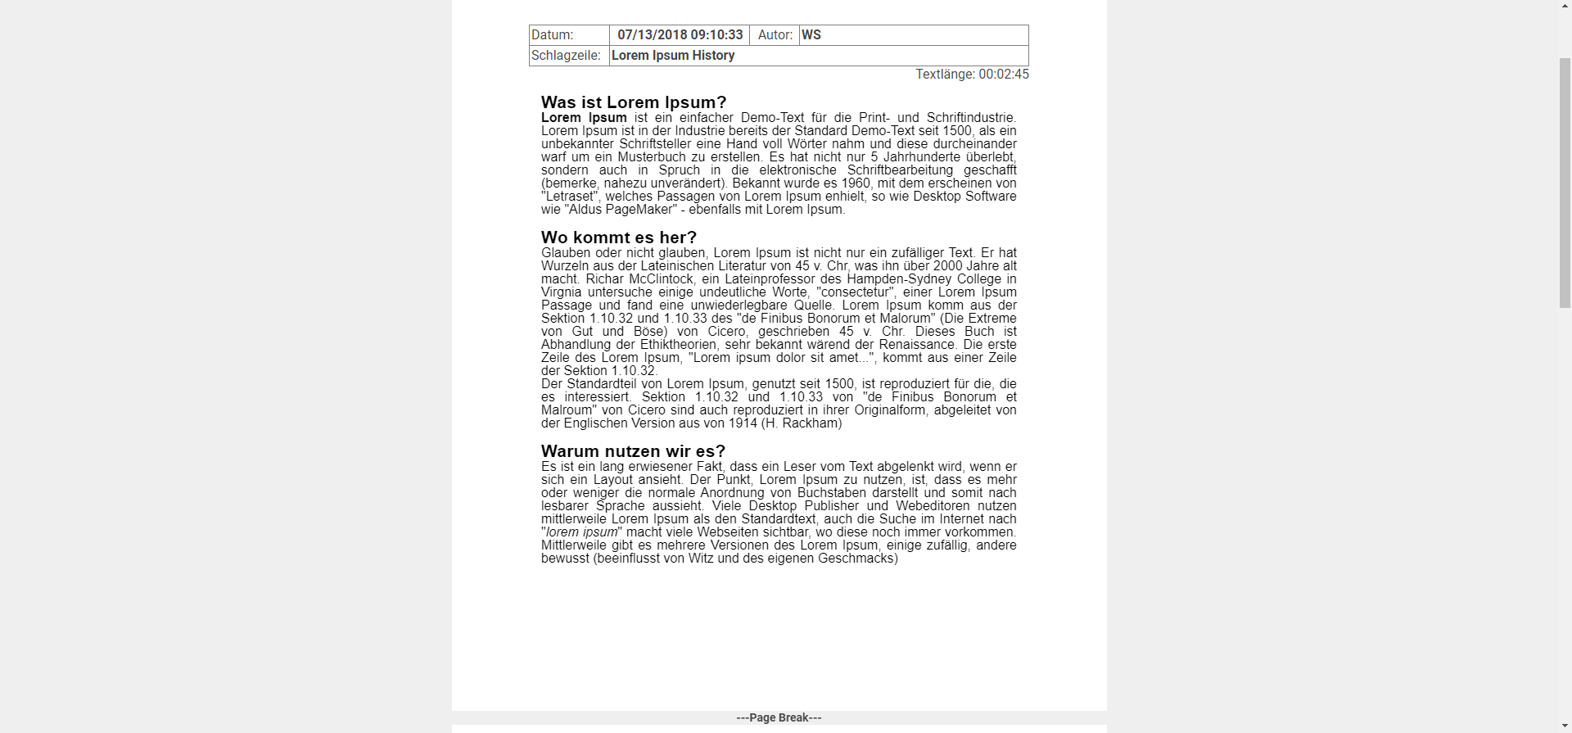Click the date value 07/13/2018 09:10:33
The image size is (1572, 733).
pos(680,35)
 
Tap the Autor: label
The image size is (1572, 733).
pos(775,35)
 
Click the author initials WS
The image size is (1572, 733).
pos(811,35)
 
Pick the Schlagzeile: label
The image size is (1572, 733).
pos(566,56)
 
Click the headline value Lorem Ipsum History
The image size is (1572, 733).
pos(673,56)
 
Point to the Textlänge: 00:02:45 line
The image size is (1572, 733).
pos(972,75)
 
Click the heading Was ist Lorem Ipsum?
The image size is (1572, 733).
pos(634,102)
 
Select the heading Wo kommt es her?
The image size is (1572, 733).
pos(619,238)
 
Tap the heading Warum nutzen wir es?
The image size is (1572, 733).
pos(633,451)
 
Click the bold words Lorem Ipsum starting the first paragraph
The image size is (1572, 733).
pos(584,118)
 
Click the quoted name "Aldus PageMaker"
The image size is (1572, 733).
pos(621,210)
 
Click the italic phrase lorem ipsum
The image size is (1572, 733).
pos(581,532)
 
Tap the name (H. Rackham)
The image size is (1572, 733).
pos(802,423)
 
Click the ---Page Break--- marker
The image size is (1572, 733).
pos(779,718)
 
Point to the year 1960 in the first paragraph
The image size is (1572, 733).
pos(856,183)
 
